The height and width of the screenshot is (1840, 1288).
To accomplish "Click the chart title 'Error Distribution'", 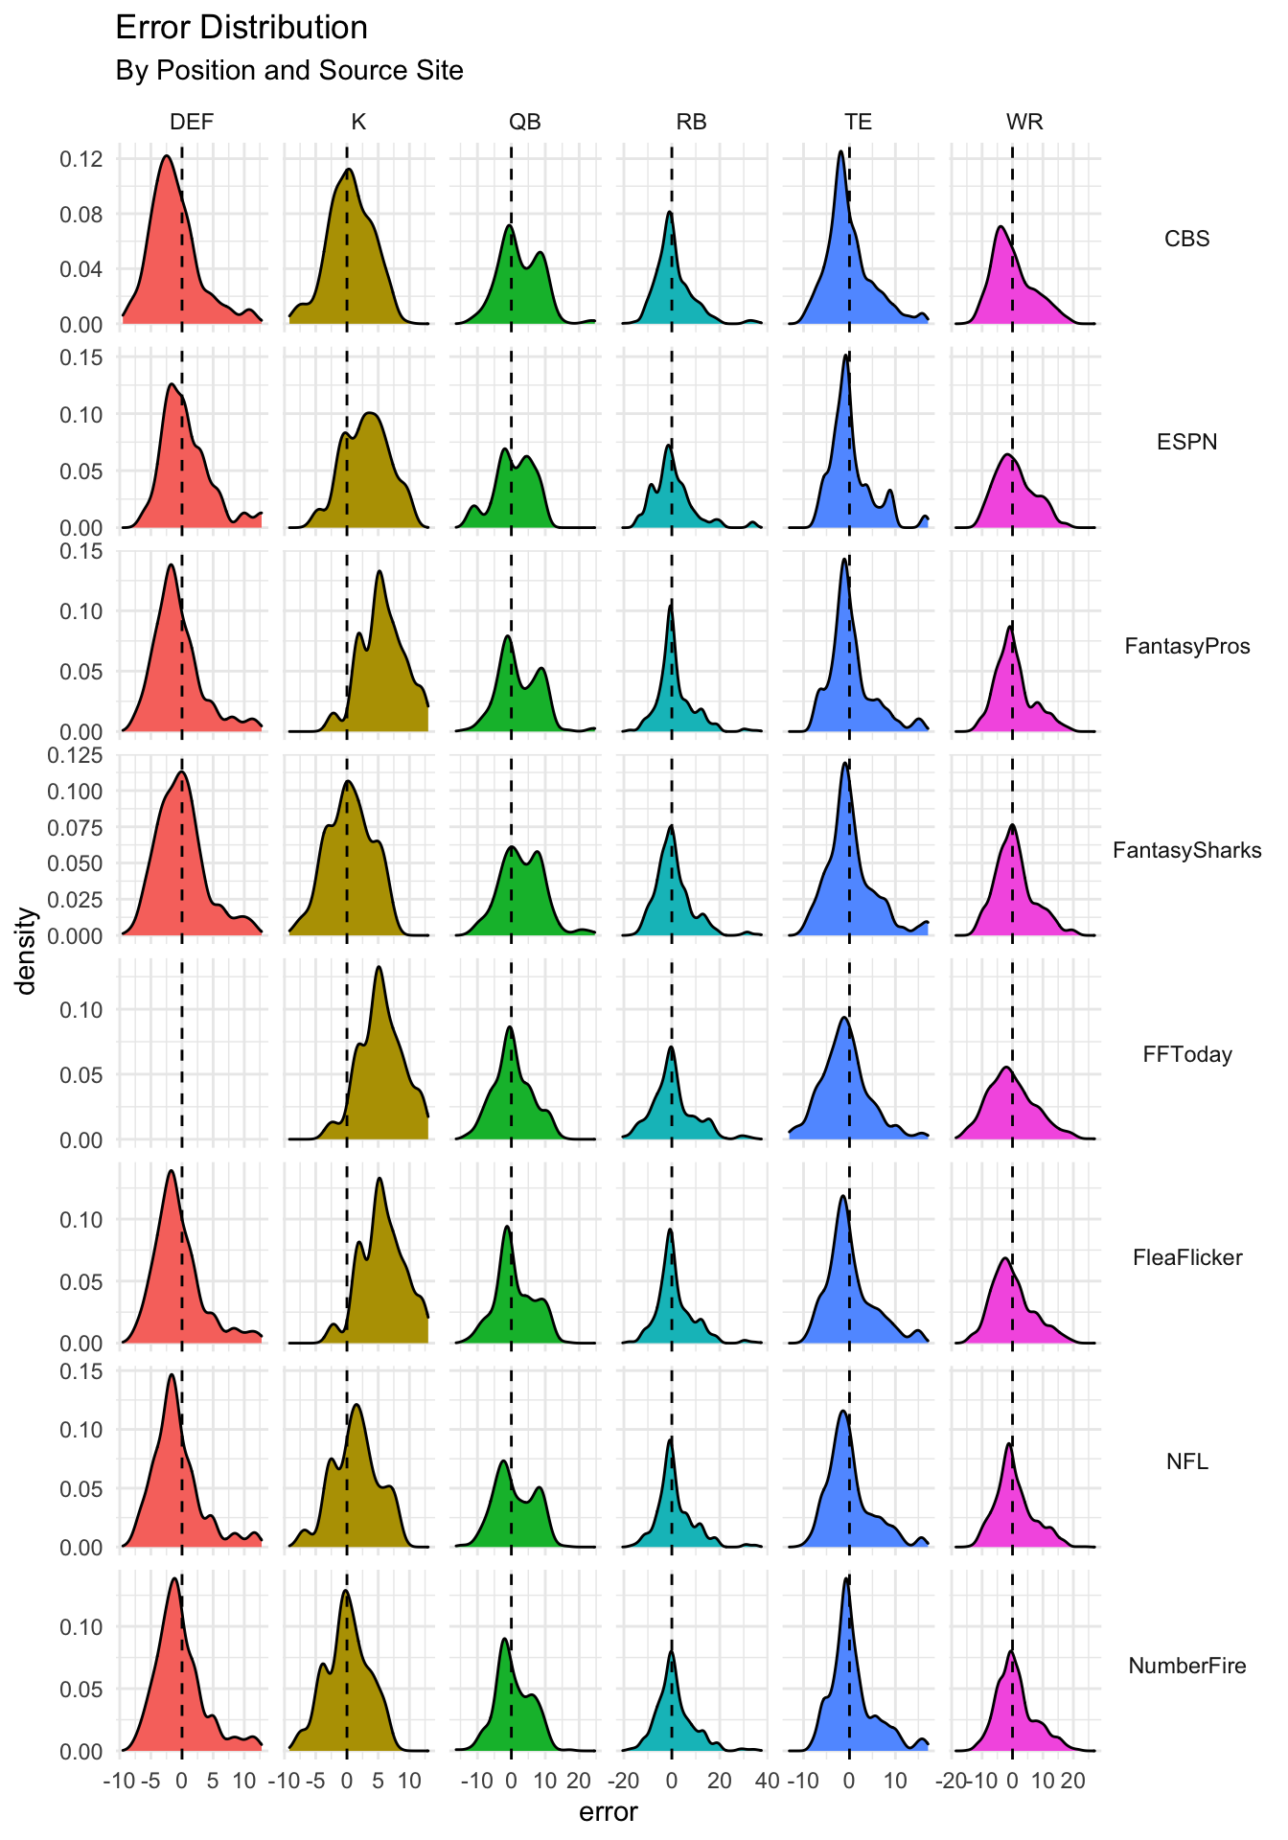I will pyautogui.click(x=241, y=28).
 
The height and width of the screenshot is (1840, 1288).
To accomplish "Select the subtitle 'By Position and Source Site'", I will pyautogui.click(x=289, y=71).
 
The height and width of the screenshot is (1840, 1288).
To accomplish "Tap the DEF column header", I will pyautogui.click(x=192, y=122).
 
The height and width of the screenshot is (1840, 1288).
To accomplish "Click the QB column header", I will pyautogui.click(x=524, y=122).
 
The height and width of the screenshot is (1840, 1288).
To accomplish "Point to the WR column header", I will pyautogui.click(x=1024, y=122).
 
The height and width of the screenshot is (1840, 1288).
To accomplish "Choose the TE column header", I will pyautogui.click(x=858, y=122).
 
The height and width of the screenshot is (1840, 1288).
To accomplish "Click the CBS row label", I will pyautogui.click(x=1186, y=239).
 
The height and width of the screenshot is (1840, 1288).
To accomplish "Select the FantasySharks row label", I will pyautogui.click(x=1186, y=850).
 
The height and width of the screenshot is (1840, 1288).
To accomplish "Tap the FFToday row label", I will pyautogui.click(x=1186, y=1054).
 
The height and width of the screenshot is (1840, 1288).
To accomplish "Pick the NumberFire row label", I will pyautogui.click(x=1186, y=1666).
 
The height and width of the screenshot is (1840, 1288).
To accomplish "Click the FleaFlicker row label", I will pyautogui.click(x=1186, y=1257).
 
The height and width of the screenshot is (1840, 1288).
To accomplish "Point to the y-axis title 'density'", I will pyautogui.click(x=28, y=951).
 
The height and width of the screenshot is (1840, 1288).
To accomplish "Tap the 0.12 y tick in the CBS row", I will pyautogui.click(x=81, y=158).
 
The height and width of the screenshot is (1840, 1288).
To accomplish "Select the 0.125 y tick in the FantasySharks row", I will pyautogui.click(x=75, y=755).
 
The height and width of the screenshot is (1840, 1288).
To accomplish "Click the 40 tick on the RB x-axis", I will pyautogui.click(x=767, y=1782).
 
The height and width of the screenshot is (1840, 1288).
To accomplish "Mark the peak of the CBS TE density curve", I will pyautogui.click(x=840, y=150).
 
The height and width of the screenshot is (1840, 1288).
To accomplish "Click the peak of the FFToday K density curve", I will pyautogui.click(x=379, y=966).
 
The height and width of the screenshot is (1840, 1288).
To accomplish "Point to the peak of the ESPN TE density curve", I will pyautogui.click(x=845, y=356).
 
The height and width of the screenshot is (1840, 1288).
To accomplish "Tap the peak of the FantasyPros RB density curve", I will pyautogui.click(x=671, y=604).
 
